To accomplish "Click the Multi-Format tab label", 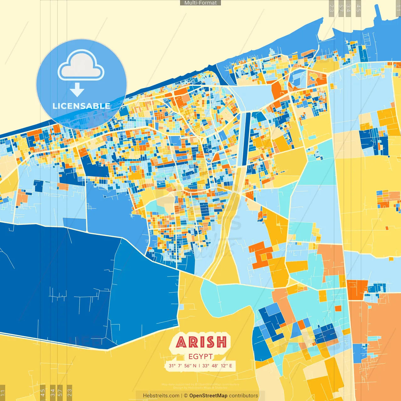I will (x=200, y=3).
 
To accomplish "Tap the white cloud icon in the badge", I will (x=81, y=66).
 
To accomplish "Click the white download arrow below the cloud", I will (x=77, y=90).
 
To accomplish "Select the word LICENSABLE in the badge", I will (x=81, y=106).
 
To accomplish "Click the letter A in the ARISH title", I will (x=181, y=342).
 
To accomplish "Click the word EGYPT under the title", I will (x=200, y=357).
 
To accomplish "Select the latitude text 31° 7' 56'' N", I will (x=182, y=366).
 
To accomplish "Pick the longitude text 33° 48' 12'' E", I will (x=217, y=366).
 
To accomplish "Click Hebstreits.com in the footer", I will (x=161, y=396).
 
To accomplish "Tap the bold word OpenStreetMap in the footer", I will (x=208, y=396).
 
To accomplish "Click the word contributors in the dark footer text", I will (x=243, y=396).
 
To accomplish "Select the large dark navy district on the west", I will (x=53, y=282).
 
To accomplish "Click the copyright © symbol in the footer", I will (x=186, y=396).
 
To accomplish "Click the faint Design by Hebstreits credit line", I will (x=200, y=388).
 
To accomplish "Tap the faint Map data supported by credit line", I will (x=200, y=384).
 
